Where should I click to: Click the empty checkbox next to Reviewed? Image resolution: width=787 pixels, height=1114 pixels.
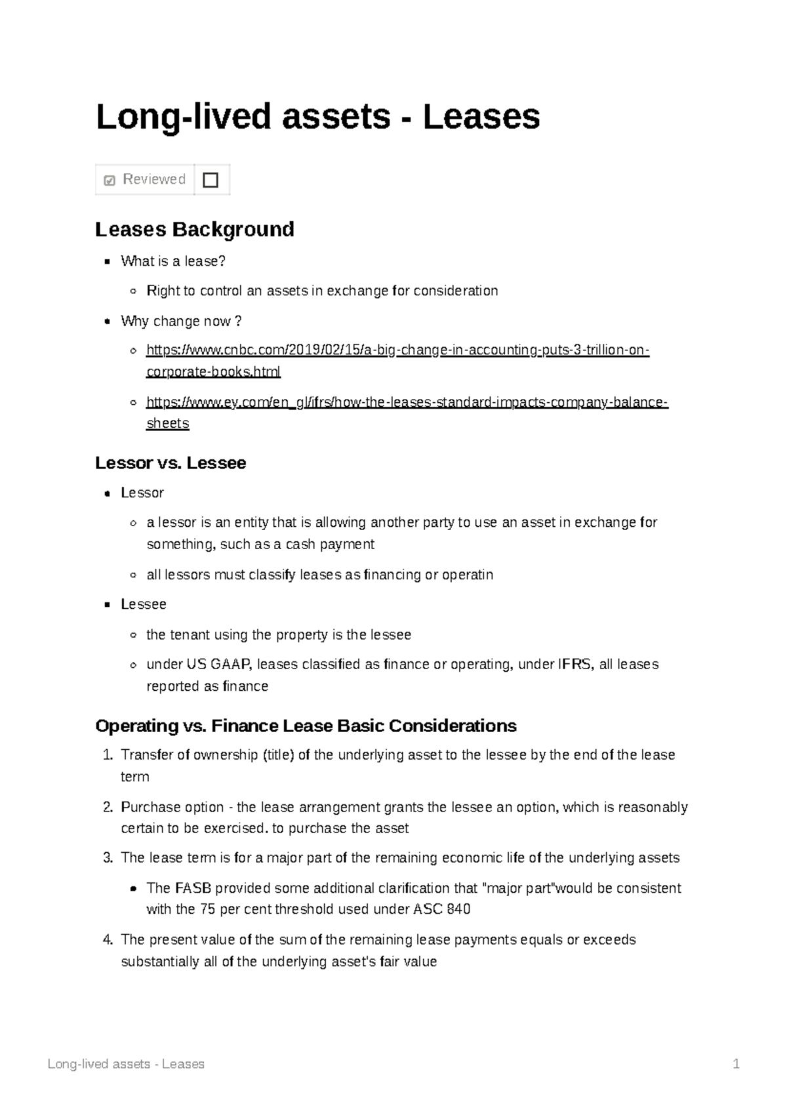(x=211, y=180)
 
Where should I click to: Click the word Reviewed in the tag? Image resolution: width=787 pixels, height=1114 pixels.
(x=153, y=179)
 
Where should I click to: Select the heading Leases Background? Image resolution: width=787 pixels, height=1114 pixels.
(x=194, y=229)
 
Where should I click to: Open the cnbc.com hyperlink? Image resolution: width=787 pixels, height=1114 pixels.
(x=397, y=350)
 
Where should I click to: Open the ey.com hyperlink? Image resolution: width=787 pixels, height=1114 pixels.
(x=407, y=402)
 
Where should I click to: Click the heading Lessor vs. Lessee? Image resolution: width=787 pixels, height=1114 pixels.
(x=171, y=463)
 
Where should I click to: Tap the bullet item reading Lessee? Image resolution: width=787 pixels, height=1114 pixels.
(x=143, y=604)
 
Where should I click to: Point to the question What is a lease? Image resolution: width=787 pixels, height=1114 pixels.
(x=172, y=261)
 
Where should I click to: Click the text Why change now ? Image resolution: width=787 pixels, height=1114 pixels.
(x=181, y=321)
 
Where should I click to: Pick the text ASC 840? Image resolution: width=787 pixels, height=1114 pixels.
(x=441, y=909)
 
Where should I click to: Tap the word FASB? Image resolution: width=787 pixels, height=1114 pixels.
(x=193, y=888)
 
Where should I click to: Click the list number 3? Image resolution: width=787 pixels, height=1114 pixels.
(x=108, y=858)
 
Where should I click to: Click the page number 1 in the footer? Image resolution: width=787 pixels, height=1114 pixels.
(x=737, y=1064)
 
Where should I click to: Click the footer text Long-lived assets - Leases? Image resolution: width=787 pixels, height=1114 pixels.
(x=126, y=1064)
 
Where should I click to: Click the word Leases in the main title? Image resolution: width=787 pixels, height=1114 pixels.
(x=481, y=117)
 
